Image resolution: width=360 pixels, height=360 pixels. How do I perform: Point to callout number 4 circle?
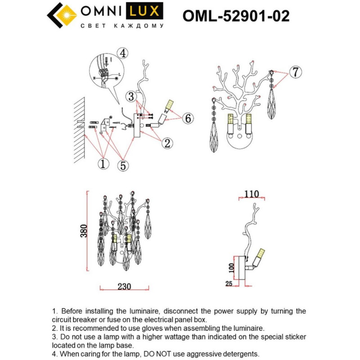[x=122, y=54]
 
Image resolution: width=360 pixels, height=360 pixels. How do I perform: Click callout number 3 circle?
[x=131, y=95]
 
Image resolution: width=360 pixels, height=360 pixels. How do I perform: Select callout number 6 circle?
[x=188, y=118]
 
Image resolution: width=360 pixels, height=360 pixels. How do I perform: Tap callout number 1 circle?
[x=103, y=164]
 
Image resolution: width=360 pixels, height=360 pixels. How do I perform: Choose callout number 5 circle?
[x=122, y=165]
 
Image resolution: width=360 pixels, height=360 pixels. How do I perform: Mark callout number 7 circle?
[x=294, y=72]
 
